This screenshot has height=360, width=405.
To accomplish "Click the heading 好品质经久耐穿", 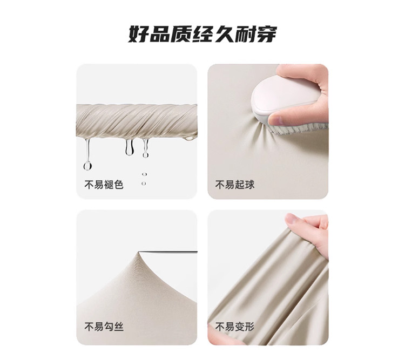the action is pos(202,34).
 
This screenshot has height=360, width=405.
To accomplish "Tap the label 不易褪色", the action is pos(104,185).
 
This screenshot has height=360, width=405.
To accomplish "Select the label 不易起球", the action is pos(235,185).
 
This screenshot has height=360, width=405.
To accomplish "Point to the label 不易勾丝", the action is pos(104,327).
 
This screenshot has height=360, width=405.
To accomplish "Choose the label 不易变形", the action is pos(235,327).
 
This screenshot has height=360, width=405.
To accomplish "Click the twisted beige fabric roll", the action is pos(137,122).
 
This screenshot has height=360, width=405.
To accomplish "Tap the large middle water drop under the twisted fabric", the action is pos(130,147).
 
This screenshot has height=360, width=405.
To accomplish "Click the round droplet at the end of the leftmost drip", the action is pos(88,165).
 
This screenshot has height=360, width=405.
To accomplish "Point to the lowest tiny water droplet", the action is pos(144,184).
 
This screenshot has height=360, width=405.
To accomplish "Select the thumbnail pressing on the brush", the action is pos(276,119).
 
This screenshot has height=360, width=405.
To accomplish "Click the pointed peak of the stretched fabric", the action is pos(139,253).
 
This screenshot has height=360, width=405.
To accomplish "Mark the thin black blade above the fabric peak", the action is pos(168,252).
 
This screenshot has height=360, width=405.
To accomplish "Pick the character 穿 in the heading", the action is pos(267,34).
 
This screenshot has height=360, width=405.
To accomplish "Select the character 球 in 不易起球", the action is pos(249,185).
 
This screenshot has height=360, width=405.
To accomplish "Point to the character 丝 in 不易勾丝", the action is pos(119,327).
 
